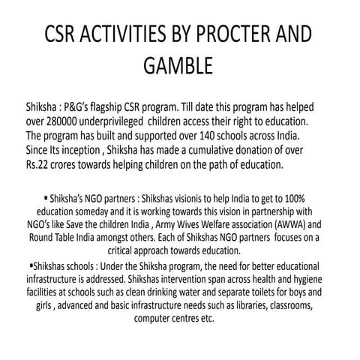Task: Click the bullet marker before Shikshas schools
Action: (32, 266)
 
